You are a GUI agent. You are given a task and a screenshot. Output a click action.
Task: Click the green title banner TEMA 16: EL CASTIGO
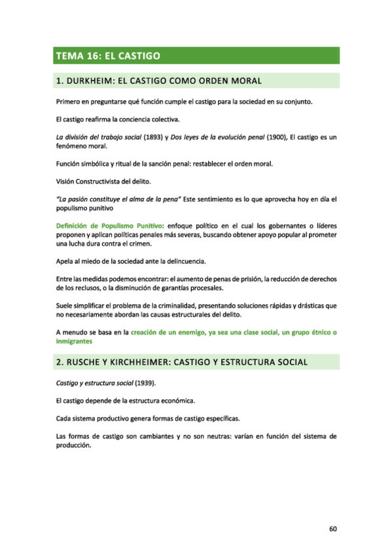coord(195,56)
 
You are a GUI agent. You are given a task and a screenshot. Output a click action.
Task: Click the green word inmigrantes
coord(74,342)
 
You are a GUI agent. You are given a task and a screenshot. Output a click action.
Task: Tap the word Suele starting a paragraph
coord(65,306)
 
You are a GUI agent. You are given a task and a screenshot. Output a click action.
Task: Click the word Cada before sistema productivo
coord(64,418)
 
